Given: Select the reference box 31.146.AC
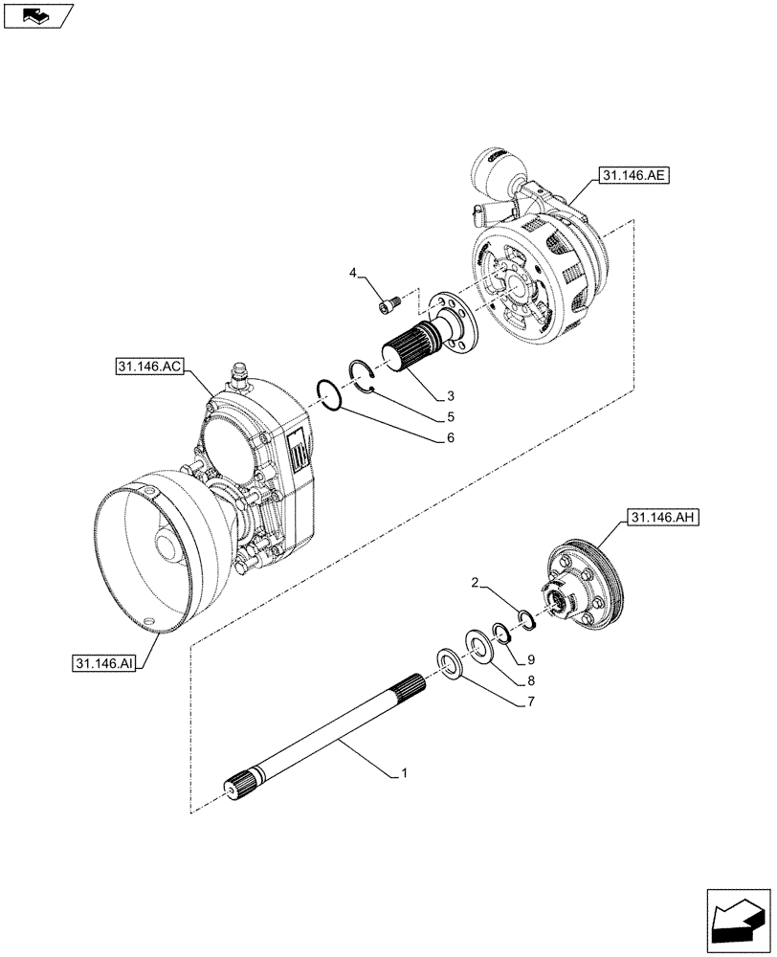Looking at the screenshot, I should click(x=147, y=366).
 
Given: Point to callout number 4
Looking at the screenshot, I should click(x=354, y=275).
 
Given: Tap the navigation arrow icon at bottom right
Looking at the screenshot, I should click(x=738, y=913).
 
